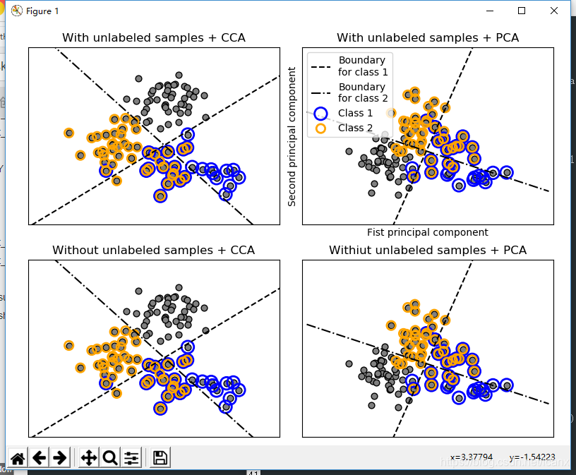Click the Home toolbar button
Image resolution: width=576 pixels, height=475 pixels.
pyautogui.click(x=18, y=458)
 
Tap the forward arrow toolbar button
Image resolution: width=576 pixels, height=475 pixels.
pyautogui.click(x=60, y=458)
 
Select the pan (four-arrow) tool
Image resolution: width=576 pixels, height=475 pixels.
pyautogui.click(x=89, y=458)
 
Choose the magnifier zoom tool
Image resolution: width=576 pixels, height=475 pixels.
pyautogui.click(x=110, y=458)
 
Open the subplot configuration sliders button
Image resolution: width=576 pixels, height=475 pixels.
pyautogui.click(x=131, y=458)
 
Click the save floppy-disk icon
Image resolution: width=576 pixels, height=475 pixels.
pyautogui.click(x=160, y=458)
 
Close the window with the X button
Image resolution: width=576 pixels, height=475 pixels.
pyautogui.click(x=554, y=11)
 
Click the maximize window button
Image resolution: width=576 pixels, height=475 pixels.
pyautogui.click(x=522, y=11)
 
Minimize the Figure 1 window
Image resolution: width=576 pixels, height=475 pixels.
pyautogui.click(x=489, y=11)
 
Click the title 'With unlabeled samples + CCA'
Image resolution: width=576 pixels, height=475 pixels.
pyautogui.click(x=154, y=38)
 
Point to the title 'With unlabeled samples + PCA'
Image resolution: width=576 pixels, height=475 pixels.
pyautogui.click(x=428, y=38)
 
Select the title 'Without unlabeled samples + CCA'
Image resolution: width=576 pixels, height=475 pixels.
pyautogui.click(x=154, y=251)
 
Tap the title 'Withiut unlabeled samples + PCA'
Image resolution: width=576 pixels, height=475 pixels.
pyautogui.click(x=428, y=251)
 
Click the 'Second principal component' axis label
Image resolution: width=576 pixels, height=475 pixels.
pyautogui.click(x=292, y=136)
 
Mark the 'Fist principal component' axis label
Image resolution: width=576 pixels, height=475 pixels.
pyautogui.click(x=428, y=232)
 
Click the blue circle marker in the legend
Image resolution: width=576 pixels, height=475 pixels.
pyautogui.click(x=321, y=114)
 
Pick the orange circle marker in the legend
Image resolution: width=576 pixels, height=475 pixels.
pyautogui.click(x=321, y=128)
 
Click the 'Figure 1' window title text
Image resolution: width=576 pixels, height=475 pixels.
pyautogui.click(x=42, y=11)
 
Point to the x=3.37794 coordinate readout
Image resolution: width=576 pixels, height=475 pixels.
pyautogui.click(x=472, y=457)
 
